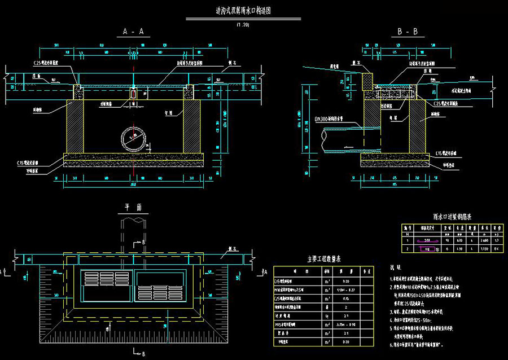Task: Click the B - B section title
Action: [x=407, y=32]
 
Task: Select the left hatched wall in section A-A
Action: [x=75, y=126]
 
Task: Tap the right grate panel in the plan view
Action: [x=161, y=286]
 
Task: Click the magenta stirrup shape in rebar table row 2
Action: [x=430, y=248]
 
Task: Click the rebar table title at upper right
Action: [x=452, y=216]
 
